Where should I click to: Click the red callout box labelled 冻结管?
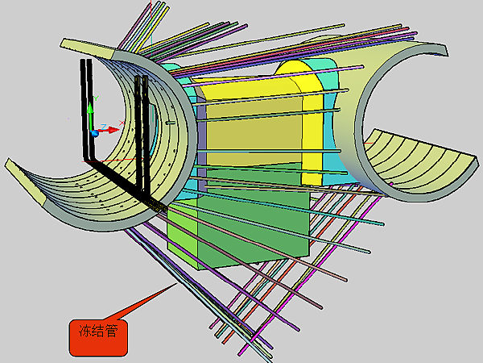click(98, 337)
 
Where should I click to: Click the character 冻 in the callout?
click(85, 331)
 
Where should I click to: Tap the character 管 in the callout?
click(112, 331)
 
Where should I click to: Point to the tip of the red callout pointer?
click(177, 283)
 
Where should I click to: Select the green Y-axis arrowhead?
click(90, 108)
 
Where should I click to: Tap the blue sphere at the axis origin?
click(95, 133)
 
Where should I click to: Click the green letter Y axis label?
click(96, 98)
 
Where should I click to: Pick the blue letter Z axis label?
click(104, 127)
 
